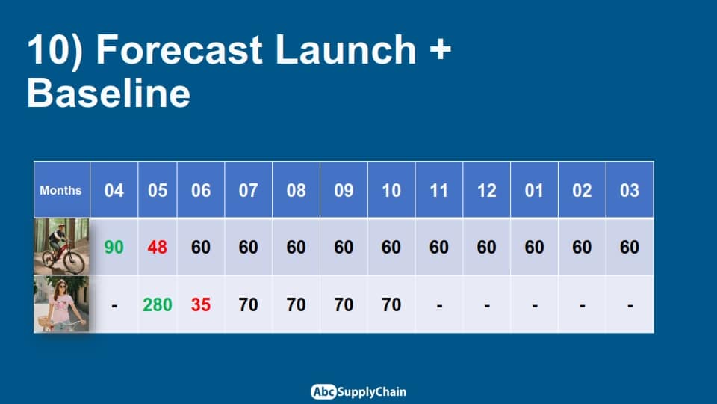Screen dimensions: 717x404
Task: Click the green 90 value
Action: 114,248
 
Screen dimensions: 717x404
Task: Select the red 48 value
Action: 158,248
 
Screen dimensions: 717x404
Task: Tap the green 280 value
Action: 158,304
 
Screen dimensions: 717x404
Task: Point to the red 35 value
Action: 201,304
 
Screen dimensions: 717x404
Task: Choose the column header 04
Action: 114,189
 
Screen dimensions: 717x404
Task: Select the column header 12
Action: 486,189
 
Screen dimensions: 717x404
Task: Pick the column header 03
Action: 630,189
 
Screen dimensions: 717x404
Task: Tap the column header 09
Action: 344,189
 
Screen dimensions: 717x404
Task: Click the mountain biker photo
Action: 61,246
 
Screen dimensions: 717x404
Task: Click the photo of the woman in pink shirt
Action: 61,304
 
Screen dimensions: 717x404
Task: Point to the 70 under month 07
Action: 248,304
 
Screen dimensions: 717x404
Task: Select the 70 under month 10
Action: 391,304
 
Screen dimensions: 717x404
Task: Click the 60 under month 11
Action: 439,248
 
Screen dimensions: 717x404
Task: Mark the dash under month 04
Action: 114,305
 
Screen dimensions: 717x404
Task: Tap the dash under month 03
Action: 630,305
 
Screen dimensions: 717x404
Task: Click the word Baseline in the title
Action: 108,93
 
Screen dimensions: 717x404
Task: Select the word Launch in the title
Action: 346,49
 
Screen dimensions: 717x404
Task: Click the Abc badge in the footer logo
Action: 323,391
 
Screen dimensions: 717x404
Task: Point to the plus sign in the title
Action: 441,49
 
